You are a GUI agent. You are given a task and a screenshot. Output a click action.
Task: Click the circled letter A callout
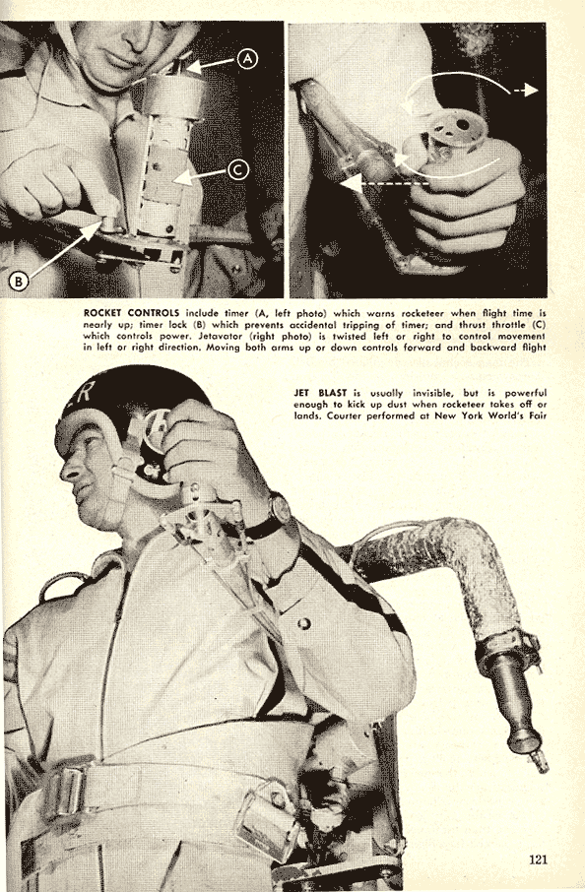tap(247, 59)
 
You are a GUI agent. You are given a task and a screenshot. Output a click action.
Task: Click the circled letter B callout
tap(19, 281)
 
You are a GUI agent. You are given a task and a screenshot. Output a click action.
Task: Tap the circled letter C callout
tap(238, 169)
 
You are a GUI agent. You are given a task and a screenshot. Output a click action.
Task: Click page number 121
tap(538, 859)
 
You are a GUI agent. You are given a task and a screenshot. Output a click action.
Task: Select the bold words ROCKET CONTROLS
tap(131, 313)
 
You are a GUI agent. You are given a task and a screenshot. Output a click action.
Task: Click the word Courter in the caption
tap(346, 415)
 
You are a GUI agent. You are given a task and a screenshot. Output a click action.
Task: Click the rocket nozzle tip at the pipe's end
tap(539, 761)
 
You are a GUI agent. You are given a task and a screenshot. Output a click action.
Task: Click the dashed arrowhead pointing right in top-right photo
tap(532, 91)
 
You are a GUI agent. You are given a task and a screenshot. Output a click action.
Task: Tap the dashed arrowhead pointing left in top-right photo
tap(349, 183)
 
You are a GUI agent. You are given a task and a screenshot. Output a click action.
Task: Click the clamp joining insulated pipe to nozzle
tap(507, 648)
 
